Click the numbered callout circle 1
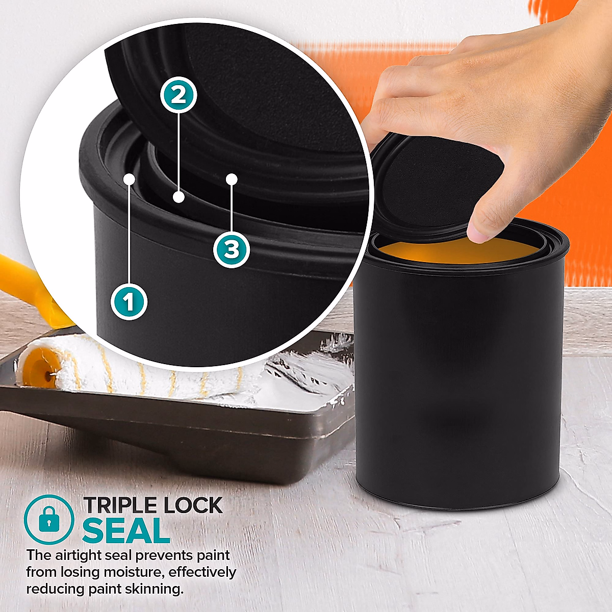pyautogui.click(x=129, y=302)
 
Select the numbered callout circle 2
pyautogui.click(x=178, y=95)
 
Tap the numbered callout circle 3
pyautogui.click(x=232, y=249)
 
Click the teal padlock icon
pyautogui.click(x=49, y=519)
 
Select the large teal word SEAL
pyautogui.click(x=126, y=531)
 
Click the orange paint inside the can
pyautogui.click(x=459, y=253)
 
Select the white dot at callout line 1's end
pyautogui.click(x=130, y=180)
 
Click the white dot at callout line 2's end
pyautogui.click(x=178, y=197)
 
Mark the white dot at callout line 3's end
pyautogui.click(x=232, y=179)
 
